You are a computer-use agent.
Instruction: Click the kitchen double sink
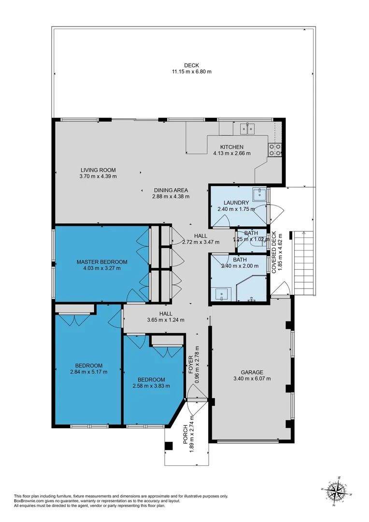pyautogui.click(x=248, y=129)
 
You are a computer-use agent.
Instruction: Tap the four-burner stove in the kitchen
pyautogui.click(x=275, y=150)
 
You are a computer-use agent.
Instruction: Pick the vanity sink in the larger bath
pyautogui.click(x=223, y=293)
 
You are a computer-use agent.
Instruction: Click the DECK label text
pyautogui.click(x=191, y=65)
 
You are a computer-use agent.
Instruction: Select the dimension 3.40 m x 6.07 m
pyautogui.click(x=252, y=378)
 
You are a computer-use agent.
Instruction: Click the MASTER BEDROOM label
pyautogui.click(x=99, y=261)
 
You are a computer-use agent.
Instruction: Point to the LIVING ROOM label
pyautogui.click(x=98, y=170)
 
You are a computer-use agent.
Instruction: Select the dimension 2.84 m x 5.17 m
pyautogui.click(x=88, y=372)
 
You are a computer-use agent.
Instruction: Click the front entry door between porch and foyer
pyautogui.click(x=197, y=399)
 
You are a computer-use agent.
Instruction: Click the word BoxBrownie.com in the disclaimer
pyautogui.click(x=30, y=501)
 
